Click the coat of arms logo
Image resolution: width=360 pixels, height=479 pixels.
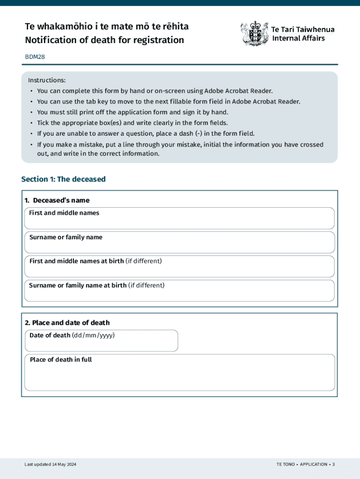point(254,33)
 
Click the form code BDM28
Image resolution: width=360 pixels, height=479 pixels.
point(35,57)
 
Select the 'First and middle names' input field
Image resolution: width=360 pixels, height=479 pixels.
point(179,222)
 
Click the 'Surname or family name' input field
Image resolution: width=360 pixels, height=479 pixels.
point(179,246)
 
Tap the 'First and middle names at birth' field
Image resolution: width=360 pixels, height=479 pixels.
point(179,270)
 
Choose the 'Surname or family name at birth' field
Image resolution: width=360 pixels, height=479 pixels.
point(179,294)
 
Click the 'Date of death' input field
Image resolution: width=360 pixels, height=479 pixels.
point(101,344)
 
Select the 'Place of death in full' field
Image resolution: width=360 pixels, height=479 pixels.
point(179,377)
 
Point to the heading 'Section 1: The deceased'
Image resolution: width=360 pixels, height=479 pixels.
point(64,179)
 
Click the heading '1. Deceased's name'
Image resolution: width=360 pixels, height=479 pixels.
point(57,200)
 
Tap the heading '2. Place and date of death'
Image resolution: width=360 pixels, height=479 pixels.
point(67,323)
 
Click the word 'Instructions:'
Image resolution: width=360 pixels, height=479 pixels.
point(47,80)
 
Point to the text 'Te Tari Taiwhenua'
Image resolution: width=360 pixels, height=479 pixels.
point(303,29)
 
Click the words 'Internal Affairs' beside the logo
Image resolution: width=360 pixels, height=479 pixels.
point(298,38)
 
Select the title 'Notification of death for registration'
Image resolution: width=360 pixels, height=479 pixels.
point(105,40)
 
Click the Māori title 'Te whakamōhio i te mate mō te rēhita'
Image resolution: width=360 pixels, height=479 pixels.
point(107,26)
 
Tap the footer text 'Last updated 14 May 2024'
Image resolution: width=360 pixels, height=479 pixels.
point(50,464)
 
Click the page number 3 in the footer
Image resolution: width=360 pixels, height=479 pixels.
point(334,464)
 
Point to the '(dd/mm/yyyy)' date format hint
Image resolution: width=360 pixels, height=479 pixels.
point(94,335)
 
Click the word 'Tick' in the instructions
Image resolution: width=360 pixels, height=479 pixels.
point(43,123)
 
